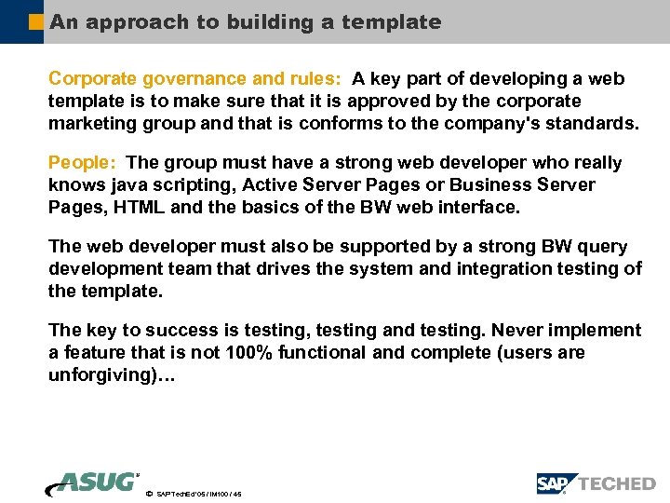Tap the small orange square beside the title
(x=36, y=20)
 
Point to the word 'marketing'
(x=88, y=123)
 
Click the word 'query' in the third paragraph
(x=603, y=247)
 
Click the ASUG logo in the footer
(x=94, y=483)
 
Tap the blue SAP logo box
(x=556, y=483)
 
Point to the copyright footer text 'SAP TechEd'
(x=179, y=494)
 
